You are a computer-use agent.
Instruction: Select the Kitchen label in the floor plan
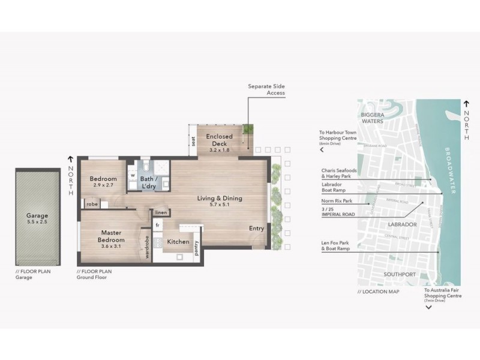(x=178, y=242)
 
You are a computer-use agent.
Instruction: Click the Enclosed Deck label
(x=219, y=137)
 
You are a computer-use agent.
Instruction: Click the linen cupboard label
(x=160, y=212)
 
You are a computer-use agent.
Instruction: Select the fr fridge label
(x=157, y=225)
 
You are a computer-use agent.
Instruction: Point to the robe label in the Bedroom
(x=92, y=204)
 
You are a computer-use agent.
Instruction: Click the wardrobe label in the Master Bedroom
(x=147, y=247)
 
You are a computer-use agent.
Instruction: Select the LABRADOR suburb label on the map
(x=402, y=224)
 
